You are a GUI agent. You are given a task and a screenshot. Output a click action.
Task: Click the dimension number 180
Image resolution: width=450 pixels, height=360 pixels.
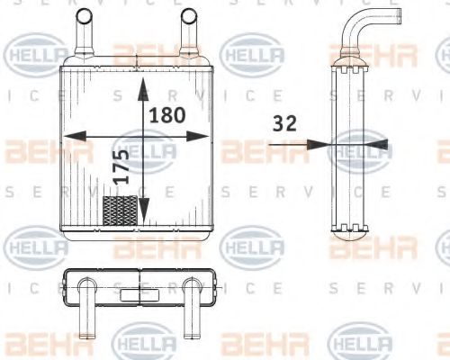[x=166, y=115]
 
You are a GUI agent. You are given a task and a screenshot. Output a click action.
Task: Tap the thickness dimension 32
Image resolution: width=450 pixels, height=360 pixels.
[x=283, y=125]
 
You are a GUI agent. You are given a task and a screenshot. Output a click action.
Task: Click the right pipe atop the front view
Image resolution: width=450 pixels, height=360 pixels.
[x=189, y=36]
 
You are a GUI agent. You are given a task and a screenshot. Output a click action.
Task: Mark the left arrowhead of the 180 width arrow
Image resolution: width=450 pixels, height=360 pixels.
[x=68, y=136]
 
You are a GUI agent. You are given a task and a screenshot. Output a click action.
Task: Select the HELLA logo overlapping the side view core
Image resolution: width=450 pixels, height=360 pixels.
[x=359, y=149]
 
